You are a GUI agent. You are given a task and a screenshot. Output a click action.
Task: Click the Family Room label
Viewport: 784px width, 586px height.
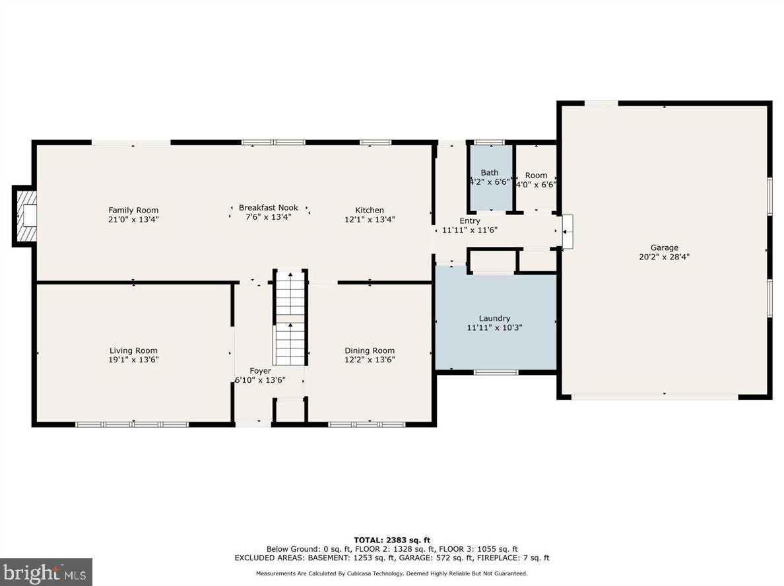point(133,211)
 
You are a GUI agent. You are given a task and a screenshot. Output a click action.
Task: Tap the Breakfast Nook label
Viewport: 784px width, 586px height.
point(269,207)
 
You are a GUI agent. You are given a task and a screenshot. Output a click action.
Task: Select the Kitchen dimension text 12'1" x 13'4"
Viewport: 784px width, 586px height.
point(370,219)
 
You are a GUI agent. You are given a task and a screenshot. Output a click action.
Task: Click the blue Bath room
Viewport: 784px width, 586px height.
point(490,178)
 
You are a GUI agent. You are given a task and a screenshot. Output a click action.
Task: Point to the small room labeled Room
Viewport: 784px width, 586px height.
point(536,178)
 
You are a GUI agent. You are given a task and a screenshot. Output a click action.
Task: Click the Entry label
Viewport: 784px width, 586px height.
point(470,220)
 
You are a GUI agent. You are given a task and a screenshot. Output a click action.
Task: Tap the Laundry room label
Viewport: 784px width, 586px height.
point(494,319)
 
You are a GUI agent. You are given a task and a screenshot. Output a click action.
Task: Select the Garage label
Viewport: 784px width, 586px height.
point(665,247)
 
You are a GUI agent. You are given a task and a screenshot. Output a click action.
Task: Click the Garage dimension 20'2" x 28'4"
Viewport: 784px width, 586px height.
point(665,257)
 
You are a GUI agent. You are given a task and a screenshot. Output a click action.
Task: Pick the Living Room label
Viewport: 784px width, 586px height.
point(133,351)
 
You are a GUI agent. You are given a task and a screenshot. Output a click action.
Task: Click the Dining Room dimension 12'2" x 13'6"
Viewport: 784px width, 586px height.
point(370,360)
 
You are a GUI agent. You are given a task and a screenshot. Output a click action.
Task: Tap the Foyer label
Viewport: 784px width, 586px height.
point(261,371)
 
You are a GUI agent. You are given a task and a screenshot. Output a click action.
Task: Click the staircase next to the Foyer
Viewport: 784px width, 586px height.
point(290,318)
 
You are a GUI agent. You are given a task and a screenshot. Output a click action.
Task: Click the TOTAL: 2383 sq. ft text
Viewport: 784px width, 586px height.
point(392,540)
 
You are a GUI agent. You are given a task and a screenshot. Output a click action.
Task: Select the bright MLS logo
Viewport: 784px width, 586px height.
point(46,572)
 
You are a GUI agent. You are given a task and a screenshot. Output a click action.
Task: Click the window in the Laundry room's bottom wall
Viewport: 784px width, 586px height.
point(496,372)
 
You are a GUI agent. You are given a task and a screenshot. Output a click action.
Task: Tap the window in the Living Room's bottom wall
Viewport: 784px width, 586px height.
point(132,424)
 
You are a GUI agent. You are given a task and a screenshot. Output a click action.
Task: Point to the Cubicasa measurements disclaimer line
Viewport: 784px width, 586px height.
point(392,573)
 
